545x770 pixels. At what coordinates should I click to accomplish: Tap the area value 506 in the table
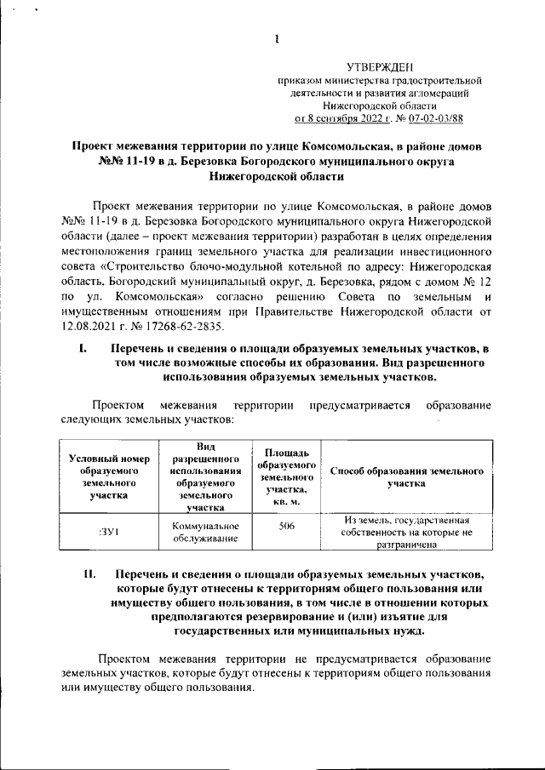click(x=286, y=527)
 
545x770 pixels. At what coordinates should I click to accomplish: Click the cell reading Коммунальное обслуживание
click(x=201, y=532)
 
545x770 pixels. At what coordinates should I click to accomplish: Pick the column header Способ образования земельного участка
click(x=407, y=476)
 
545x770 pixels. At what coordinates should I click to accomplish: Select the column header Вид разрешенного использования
click(x=201, y=476)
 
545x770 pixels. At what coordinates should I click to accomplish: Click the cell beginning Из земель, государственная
click(x=407, y=532)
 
